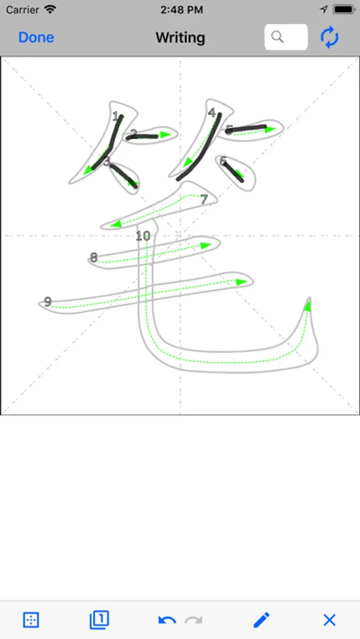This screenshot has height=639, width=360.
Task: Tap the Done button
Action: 36,38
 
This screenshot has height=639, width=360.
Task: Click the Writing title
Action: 180,38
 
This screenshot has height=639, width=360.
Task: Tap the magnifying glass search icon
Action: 277,37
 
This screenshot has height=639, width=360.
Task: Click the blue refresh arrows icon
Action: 329,38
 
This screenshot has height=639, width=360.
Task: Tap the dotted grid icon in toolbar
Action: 31,620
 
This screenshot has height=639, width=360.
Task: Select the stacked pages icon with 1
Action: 99,620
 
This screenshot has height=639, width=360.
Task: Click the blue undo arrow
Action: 167,621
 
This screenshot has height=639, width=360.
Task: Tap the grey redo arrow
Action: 194,621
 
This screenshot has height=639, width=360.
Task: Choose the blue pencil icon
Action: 261,620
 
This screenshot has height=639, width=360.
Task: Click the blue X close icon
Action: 329,620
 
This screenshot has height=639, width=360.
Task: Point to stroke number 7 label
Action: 204,200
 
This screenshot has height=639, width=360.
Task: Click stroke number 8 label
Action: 94,258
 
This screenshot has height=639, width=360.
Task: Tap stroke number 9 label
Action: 48,302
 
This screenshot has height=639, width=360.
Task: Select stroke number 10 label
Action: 143,236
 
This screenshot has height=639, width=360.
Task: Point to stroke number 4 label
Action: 211,113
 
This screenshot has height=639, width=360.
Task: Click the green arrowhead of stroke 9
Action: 241,282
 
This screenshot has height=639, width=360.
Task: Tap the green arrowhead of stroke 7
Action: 116,224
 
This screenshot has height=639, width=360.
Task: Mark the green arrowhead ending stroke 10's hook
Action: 308,305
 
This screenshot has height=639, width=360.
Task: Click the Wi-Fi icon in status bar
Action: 50,9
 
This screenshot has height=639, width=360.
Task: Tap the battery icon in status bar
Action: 344,9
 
